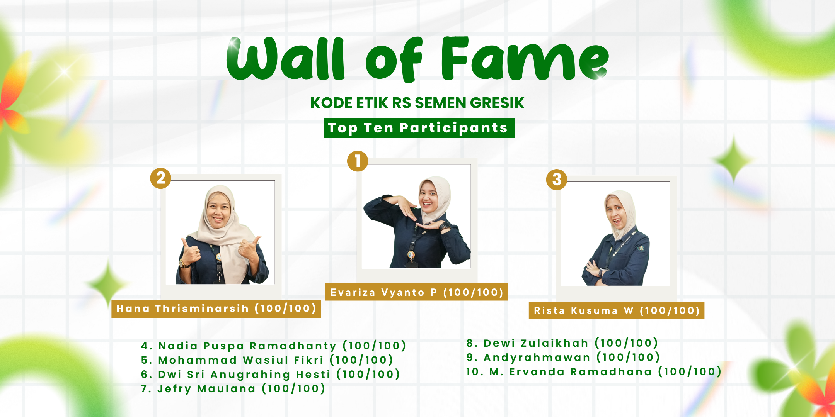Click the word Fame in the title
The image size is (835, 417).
[525, 58]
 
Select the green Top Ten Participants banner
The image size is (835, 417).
[419, 128]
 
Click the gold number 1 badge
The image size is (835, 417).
[358, 161]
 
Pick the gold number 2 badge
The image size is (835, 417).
[161, 178]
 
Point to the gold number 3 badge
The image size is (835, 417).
[557, 180]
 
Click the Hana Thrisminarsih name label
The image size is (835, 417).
[216, 309]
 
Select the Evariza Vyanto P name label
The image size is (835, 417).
[417, 292]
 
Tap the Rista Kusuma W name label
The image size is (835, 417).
[617, 310]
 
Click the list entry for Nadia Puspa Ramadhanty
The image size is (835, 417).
[273, 346]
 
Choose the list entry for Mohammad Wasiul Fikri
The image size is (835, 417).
[267, 360]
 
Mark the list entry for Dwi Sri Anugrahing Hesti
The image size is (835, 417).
[270, 374]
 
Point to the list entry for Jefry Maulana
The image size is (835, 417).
[233, 388]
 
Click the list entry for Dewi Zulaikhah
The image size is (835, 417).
[562, 343]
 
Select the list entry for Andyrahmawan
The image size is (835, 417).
[563, 357]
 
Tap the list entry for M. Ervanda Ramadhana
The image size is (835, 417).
[594, 371]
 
